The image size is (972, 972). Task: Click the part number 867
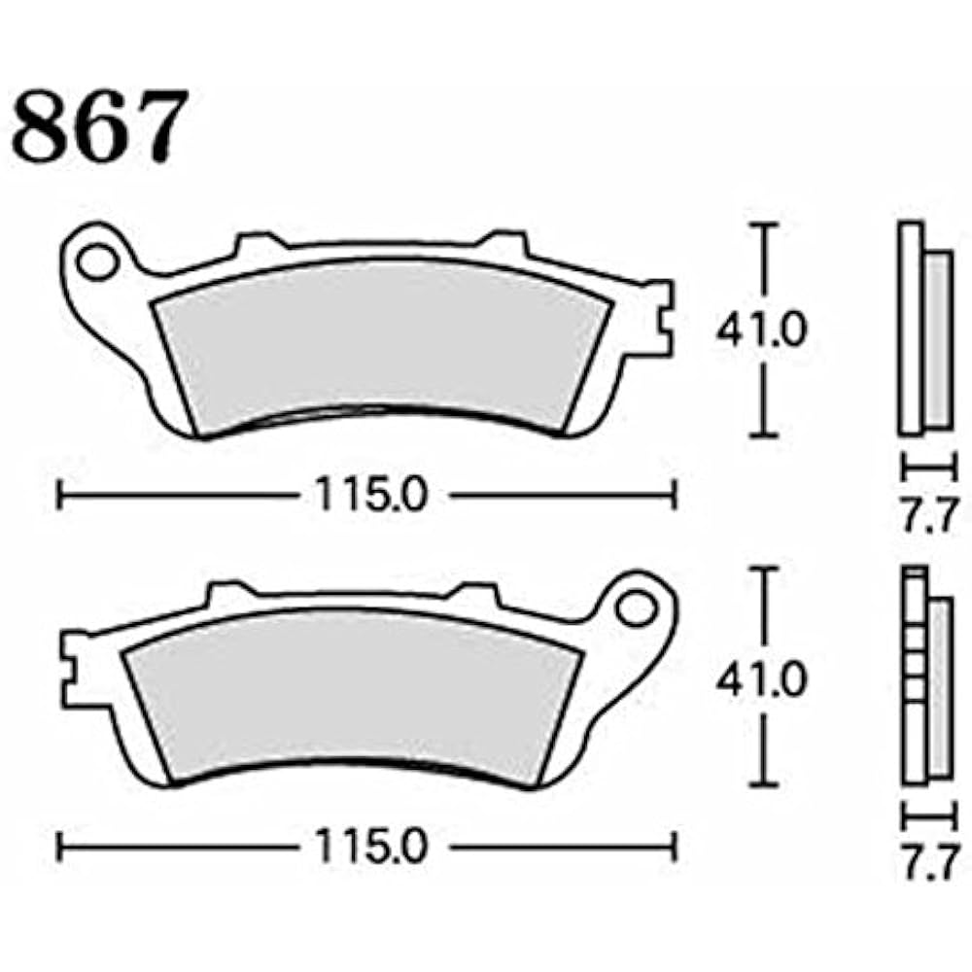point(97,126)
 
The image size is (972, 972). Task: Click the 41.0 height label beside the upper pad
point(761,331)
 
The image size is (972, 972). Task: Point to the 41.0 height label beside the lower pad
point(761,680)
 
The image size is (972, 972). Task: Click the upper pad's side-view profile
point(920,330)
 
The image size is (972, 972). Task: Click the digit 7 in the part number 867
point(156,126)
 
